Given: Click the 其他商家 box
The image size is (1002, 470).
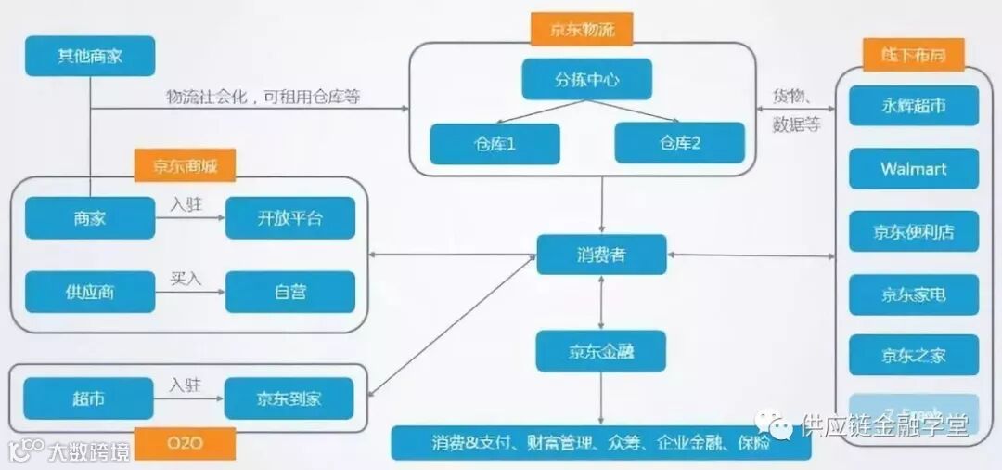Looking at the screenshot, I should (x=89, y=57).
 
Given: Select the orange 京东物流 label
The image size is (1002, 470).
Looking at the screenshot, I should (x=580, y=29).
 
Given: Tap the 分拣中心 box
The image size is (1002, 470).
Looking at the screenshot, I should (x=586, y=80).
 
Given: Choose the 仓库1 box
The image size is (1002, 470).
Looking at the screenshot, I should (x=495, y=144).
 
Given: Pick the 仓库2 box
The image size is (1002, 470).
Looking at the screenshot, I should (x=679, y=143).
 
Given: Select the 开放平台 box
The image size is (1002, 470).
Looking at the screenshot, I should (x=289, y=218).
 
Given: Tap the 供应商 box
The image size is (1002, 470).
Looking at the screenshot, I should (x=89, y=292).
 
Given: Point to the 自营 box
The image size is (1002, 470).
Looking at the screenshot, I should (x=289, y=292).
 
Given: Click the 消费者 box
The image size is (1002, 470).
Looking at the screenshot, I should (x=600, y=255).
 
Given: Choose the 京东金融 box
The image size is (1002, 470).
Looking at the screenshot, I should (x=600, y=351).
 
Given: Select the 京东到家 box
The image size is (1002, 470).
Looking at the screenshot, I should (x=289, y=398).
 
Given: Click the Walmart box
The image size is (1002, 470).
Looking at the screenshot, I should (x=913, y=169).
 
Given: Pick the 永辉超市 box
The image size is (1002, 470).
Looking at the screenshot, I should (x=913, y=106).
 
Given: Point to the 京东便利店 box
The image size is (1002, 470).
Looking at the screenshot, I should (x=913, y=231).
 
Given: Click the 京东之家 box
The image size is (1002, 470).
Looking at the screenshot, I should (x=913, y=355).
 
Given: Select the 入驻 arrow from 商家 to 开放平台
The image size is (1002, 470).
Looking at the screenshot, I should (x=189, y=219).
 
